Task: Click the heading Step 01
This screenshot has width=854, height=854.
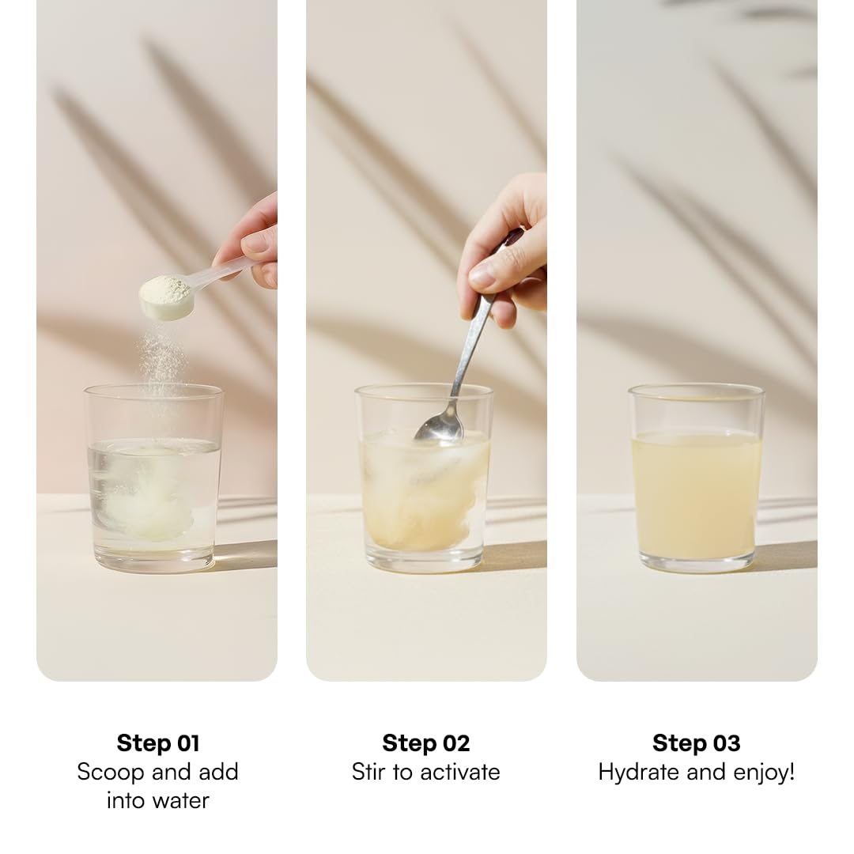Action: click(x=158, y=743)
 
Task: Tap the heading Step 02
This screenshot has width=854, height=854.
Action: click(x=426, y=743)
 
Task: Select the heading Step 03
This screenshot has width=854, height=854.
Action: click(x=696, y=743)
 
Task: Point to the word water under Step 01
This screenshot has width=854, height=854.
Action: click(x=181, y=800)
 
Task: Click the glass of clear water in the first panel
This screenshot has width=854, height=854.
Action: click(x=153, y=478)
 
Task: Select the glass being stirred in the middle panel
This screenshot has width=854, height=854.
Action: click(x=424, y=478)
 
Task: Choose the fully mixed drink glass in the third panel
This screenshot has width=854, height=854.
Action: click(x=696, y=478)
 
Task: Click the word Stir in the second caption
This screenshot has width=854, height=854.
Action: click(x=370, y=773)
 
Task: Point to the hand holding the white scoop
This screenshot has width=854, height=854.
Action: click(x=251, y=243)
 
